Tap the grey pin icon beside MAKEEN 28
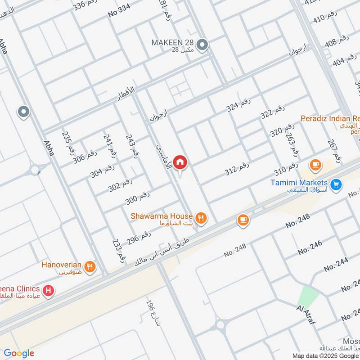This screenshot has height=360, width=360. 203,45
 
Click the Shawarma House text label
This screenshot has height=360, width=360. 162,216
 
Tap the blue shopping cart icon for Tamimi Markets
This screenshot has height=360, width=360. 335,184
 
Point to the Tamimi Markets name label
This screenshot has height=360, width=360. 299,183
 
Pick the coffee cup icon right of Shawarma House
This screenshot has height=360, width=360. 243,220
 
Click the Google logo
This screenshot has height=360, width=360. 19,353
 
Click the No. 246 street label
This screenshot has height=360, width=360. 310,247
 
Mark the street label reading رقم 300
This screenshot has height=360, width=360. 137,198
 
